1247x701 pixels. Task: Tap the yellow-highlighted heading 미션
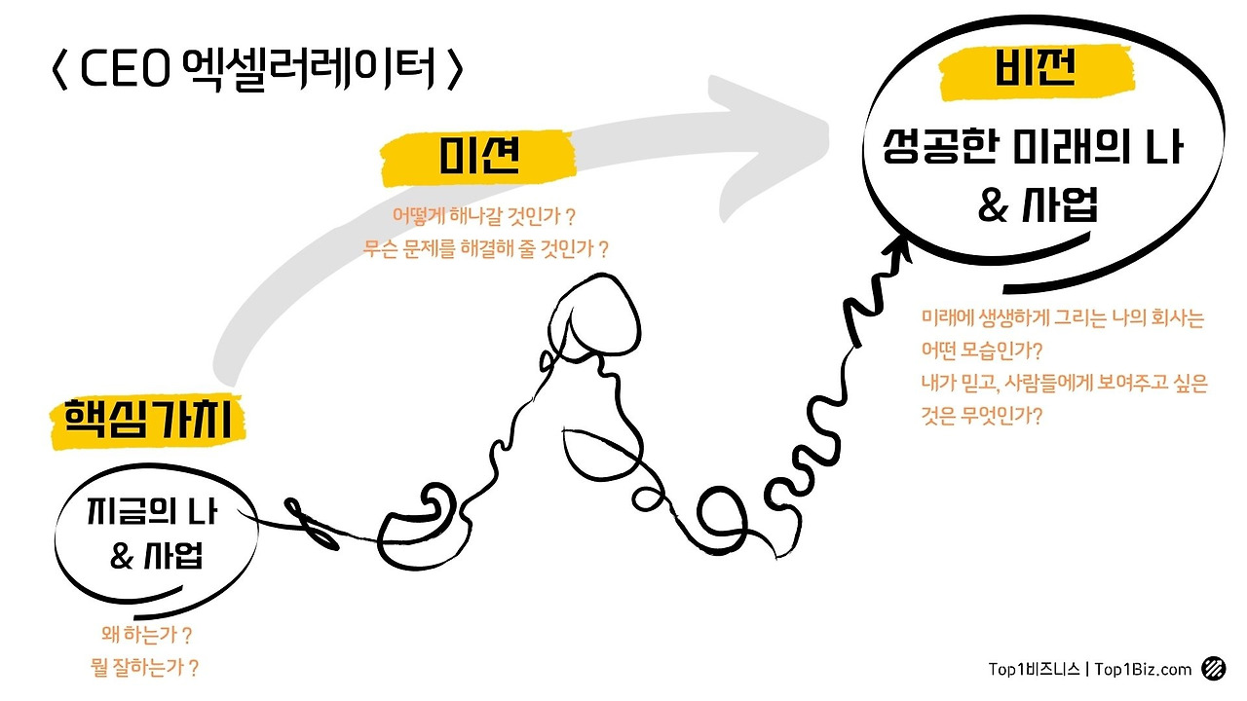tap(477, 156)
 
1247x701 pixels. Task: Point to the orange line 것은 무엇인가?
tap(982, 417)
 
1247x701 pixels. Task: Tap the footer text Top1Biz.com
tap(1143, 669)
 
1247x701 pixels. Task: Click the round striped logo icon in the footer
tap(1214, 668)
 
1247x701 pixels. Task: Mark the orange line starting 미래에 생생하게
tap(1063, 317)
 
